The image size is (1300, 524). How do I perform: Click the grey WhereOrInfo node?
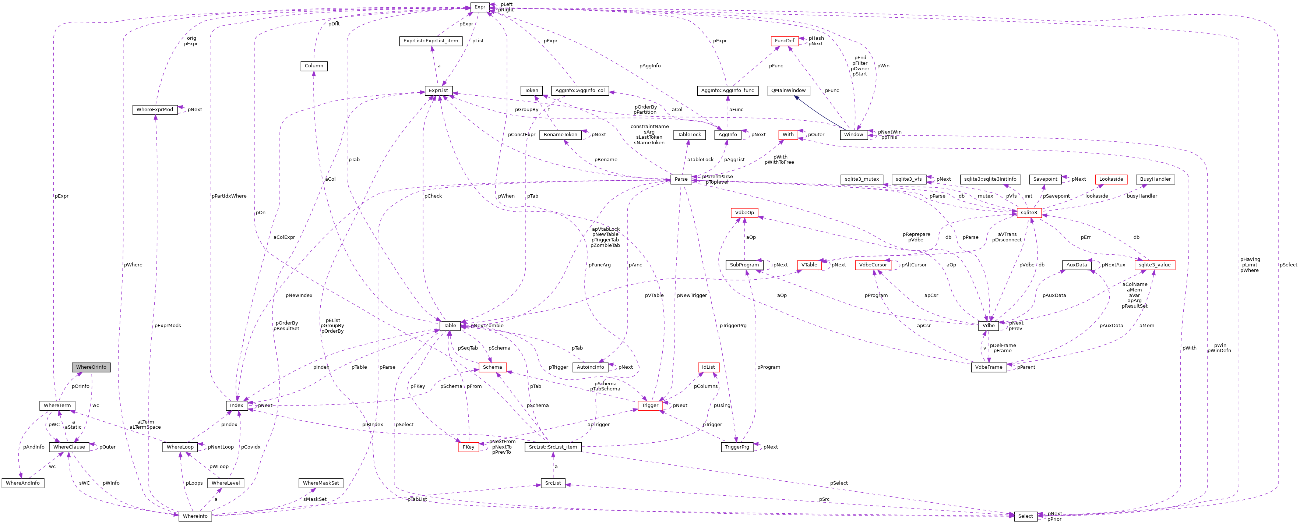pos(91,367)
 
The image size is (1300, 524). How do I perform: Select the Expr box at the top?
pos(479,7)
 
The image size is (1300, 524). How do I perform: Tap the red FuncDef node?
pos(784,41)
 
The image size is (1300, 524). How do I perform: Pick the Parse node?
pos(681,180)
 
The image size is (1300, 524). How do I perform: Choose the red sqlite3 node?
pos(1029,213)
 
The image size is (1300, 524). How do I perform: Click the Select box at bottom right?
pos(1025,516)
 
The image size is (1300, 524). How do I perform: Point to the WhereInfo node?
pos(195,516)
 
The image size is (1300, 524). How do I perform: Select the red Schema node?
pos(492,367)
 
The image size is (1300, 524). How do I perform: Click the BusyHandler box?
pos(1155,180)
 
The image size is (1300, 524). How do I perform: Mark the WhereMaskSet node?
pos(321,483)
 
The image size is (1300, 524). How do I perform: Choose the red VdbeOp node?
pos(744,213)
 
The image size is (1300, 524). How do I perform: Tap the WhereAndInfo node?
pos(23,483)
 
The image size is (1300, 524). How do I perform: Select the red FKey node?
pos(468,447)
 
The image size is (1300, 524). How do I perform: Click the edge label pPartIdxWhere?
pos(229,196)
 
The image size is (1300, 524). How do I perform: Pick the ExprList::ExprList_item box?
pos(430,41)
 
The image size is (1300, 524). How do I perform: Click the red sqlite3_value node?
pos(1154,265)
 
